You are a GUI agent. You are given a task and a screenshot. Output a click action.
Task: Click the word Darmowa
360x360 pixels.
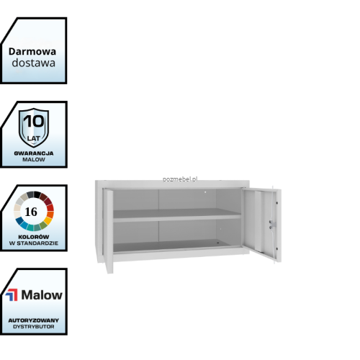32,52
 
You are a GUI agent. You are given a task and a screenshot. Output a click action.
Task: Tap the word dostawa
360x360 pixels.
34,63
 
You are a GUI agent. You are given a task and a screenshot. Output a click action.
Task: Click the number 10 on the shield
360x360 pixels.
34,121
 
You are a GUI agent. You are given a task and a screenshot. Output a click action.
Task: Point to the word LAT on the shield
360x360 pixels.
34,138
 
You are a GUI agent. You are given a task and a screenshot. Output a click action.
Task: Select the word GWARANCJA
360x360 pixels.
34,153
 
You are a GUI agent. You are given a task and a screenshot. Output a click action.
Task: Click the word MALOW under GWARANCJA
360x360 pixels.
34,160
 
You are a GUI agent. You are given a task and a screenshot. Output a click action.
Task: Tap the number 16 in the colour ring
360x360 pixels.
31,212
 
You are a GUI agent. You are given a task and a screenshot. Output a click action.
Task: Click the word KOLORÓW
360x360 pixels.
34,237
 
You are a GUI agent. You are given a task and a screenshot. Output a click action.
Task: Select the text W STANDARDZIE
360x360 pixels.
34,243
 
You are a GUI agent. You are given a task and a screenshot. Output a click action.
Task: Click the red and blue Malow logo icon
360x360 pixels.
12,294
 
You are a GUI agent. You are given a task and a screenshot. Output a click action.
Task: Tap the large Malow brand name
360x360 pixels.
42,295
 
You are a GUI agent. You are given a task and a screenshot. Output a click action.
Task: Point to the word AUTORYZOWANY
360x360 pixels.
34,320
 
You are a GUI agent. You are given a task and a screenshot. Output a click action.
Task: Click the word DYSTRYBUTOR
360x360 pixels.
34,327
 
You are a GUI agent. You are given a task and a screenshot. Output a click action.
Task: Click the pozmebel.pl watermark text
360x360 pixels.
180,179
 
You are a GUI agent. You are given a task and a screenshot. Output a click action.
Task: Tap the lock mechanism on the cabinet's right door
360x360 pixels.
271,225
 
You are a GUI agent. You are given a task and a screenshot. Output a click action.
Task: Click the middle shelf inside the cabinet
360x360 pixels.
177,215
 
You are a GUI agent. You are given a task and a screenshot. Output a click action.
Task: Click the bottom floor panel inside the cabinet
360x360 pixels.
177,246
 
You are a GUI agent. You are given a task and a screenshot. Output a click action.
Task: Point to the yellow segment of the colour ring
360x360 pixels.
48,220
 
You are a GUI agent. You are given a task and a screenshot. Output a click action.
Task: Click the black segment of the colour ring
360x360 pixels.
37,194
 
